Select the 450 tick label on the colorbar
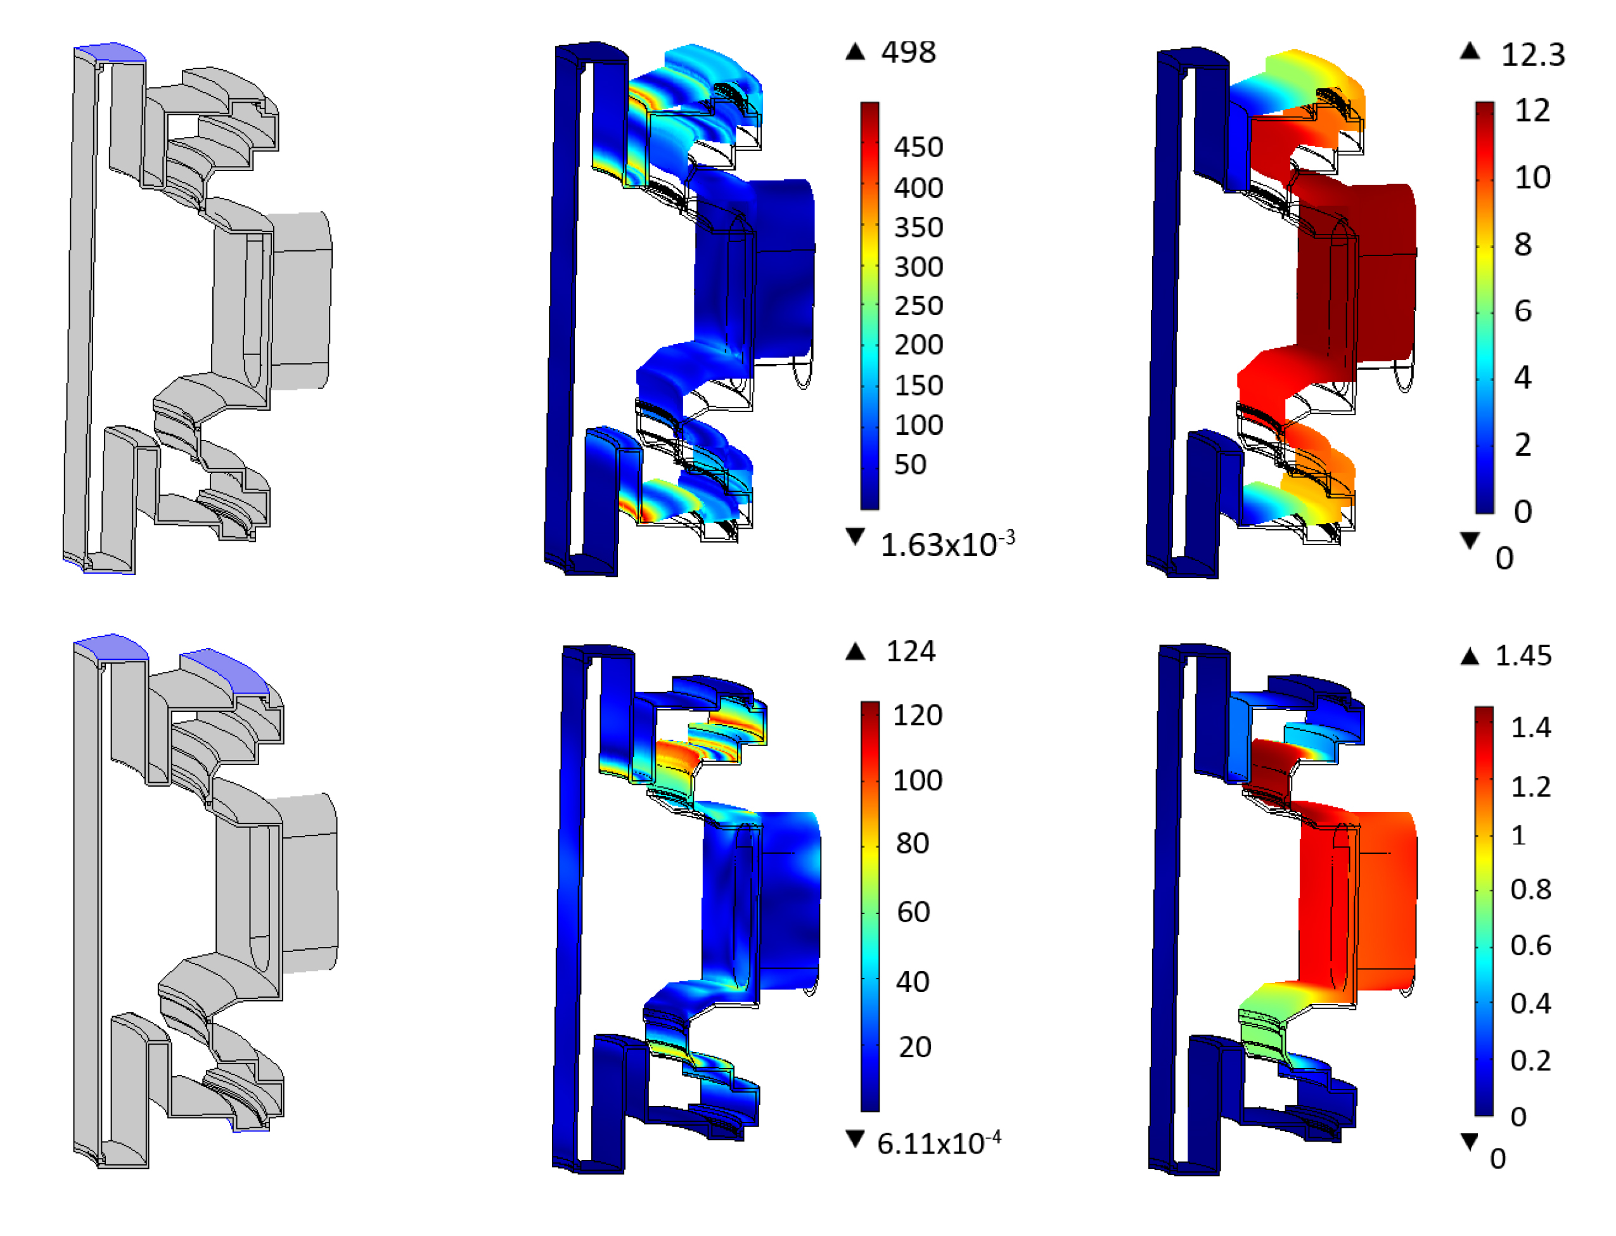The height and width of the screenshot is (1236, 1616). (919, 147)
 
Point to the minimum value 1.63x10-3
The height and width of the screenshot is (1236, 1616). (947, 544)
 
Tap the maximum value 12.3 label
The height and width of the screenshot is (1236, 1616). (1533, 55)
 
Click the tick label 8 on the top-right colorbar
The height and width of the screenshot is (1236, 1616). (1523, 244)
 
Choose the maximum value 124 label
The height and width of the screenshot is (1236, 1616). (911, 651)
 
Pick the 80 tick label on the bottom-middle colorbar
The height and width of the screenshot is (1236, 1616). (912, 843)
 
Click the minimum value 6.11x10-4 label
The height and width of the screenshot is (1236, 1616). (939, 1143)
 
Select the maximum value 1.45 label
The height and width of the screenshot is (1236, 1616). (1523, 655)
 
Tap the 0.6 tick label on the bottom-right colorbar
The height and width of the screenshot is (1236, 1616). (1530, 946)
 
